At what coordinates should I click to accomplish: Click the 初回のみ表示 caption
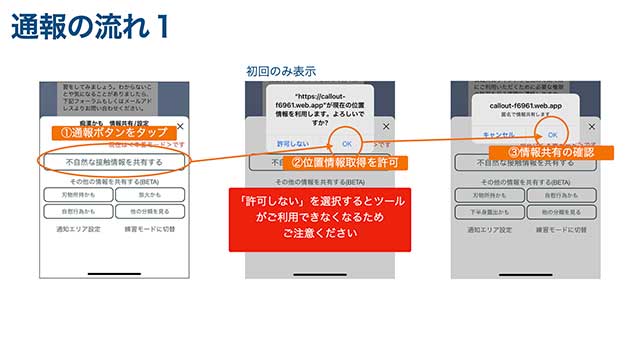[x=281, y=71]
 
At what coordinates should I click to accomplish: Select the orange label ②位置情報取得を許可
[x=330, y=162]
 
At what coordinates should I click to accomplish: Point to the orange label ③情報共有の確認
[x=540, y=152]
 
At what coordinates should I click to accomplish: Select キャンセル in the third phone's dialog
[x=497, y=134]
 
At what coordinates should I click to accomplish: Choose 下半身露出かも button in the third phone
[x=488, y=213]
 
